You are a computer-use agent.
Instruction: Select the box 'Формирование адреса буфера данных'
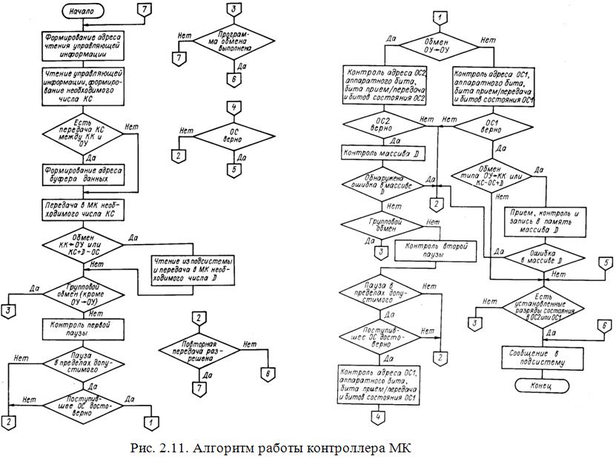[81, 174]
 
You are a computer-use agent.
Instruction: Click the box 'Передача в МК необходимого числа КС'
[81, 208]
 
